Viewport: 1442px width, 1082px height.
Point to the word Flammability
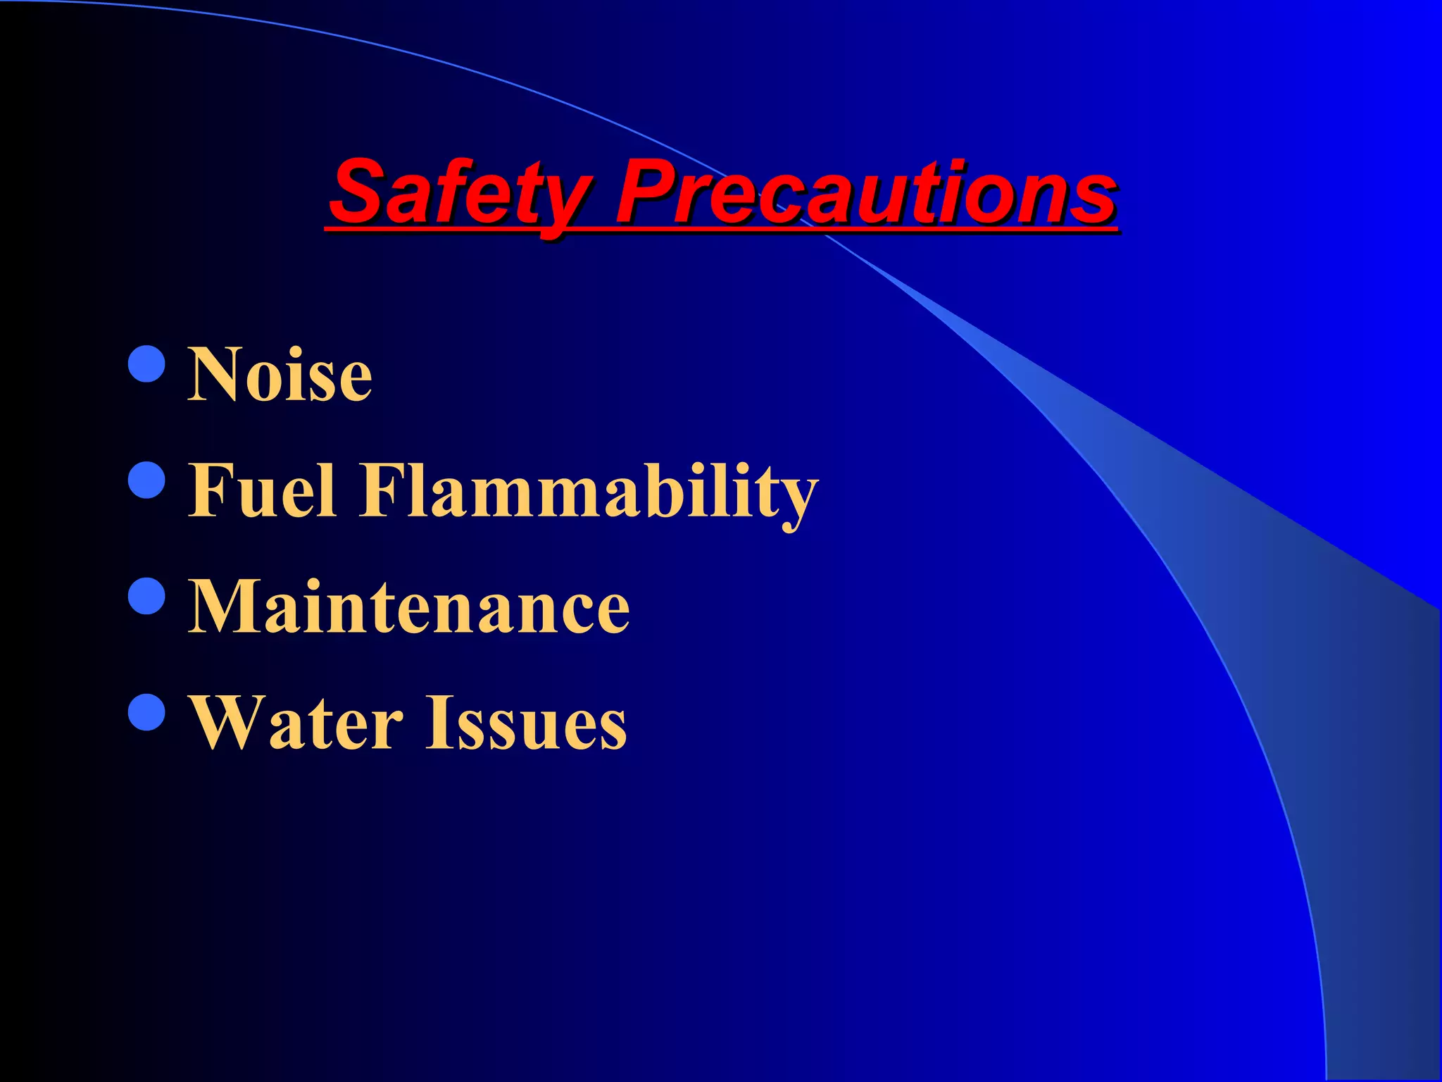click(x=589, y=492)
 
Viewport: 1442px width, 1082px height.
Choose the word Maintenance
click(x=409, y=607)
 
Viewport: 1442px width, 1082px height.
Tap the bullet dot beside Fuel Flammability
click(x=148, y=480)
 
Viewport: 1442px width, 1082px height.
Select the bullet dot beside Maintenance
click(x=148, y=596)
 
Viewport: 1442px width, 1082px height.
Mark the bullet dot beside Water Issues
click(x=148, y=712)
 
